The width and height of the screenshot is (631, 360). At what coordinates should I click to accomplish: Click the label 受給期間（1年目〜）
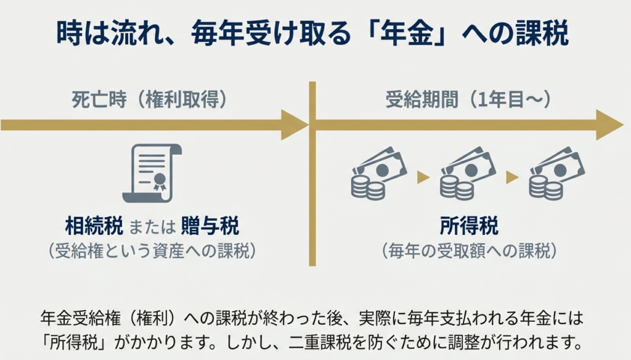[x=469, y=99]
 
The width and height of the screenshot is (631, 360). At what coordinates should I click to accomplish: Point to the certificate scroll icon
[x=152, y=173]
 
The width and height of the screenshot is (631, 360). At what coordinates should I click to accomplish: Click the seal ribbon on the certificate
[x=160, y=180]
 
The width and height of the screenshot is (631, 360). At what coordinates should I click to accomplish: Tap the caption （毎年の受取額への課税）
[x=470, y=250]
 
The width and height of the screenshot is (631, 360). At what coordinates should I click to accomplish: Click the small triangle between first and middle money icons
[x=423, y=178]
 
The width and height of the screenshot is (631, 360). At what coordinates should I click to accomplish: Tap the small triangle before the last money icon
[x=512, y=178]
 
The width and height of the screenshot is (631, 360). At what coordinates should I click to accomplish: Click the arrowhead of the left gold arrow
[x=294, y=125]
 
